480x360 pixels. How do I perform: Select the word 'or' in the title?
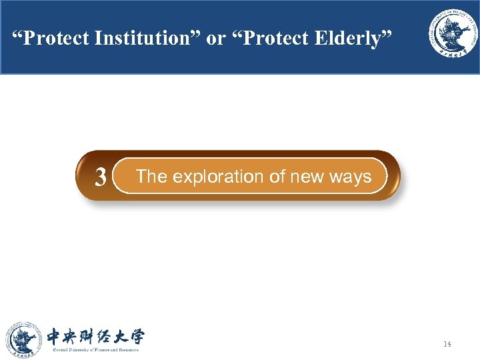(x=216, y=39)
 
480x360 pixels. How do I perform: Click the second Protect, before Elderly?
(x=275, y=39)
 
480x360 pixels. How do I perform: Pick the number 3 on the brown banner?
(x=101, y=177)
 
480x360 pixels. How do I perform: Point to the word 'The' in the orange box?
(x=151, y=177)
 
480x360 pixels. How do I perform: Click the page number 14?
(x=447, y=344)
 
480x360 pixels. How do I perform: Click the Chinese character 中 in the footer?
(x=56, y=336)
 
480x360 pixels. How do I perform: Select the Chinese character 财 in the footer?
(x=95, y=336)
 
